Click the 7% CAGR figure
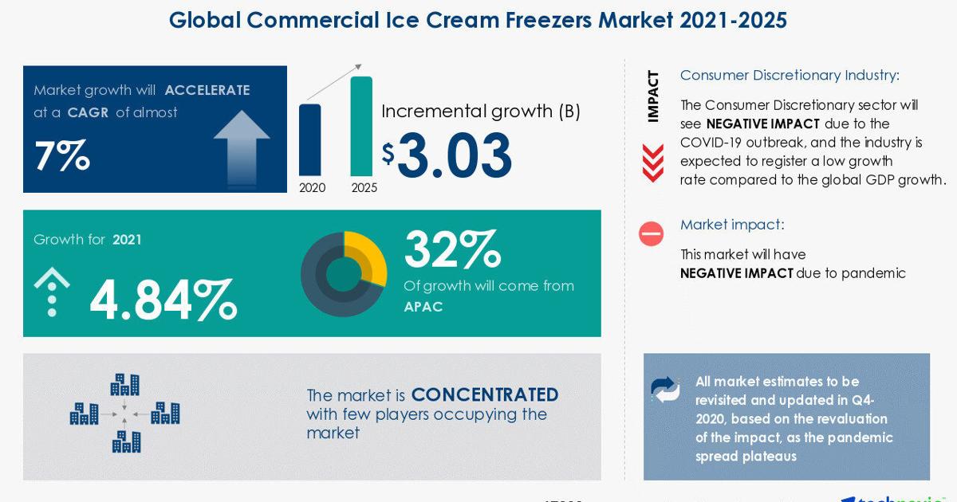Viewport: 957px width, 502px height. pos(62,155)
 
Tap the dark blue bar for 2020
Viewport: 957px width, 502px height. pos(309,139)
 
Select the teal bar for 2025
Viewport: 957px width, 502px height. pos(361,126)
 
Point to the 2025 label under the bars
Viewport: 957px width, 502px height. pos(364,187)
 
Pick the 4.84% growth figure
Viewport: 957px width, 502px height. pos(163,300)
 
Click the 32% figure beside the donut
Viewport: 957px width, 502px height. pos(452,249)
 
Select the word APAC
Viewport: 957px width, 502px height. pos(423,307)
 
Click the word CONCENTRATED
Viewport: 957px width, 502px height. pos(485,395)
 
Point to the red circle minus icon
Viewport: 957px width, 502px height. pos(651,234)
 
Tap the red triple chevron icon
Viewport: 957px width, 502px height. pos(653,163)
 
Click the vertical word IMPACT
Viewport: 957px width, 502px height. pos(653,96)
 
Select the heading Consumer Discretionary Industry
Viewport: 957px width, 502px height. pos(790,75)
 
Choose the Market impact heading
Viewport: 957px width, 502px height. pos(732,225)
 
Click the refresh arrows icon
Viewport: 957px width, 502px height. pos(665,390)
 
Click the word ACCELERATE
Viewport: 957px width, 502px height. pos(207,90)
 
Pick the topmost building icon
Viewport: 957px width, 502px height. pos(124,384)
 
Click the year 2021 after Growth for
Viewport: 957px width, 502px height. pos(127,240)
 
